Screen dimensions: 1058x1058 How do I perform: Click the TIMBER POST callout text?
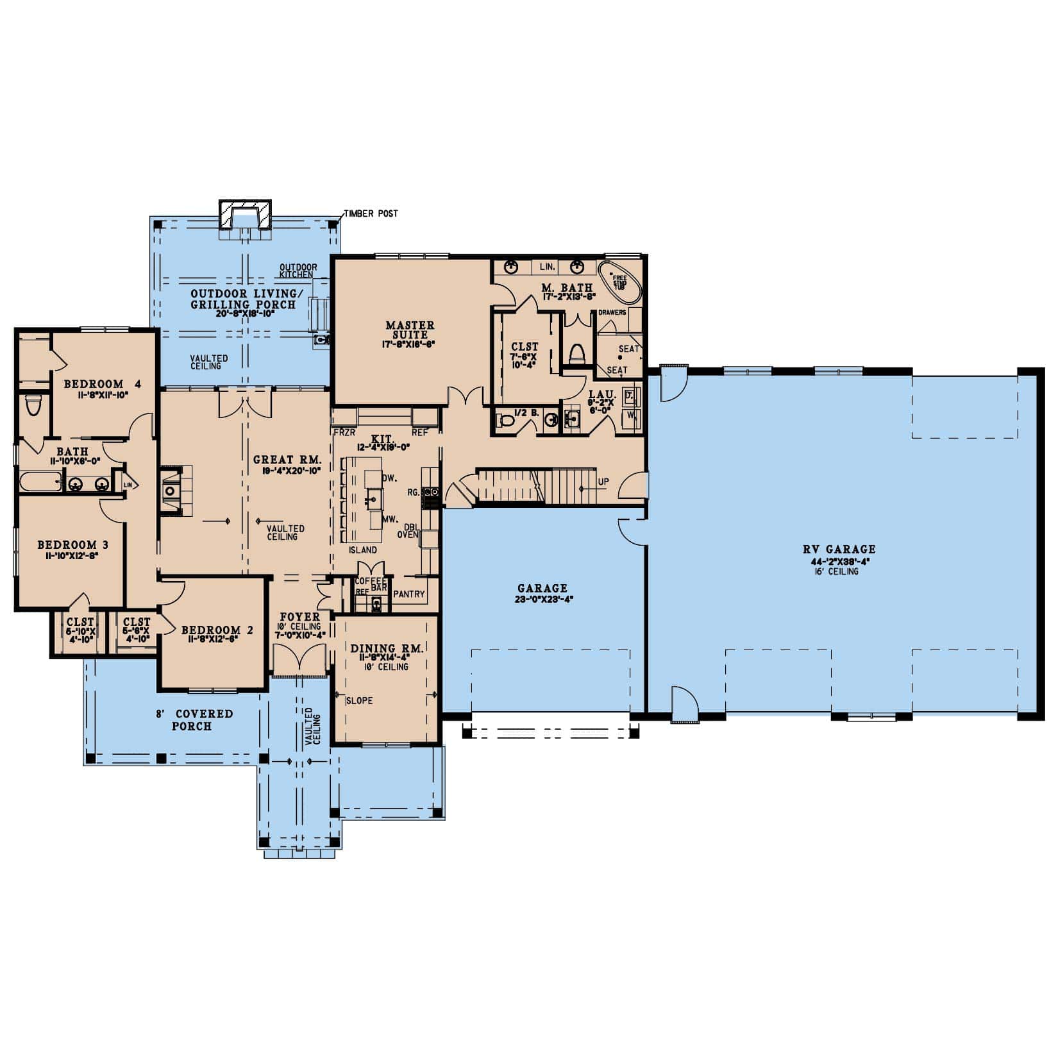370,214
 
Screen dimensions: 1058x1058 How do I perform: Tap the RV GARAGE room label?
839,549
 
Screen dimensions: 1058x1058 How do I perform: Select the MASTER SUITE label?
410,330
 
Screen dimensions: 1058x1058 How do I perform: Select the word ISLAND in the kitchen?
363,550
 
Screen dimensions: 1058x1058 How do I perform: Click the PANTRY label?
409,594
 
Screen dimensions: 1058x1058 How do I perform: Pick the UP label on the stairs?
603,482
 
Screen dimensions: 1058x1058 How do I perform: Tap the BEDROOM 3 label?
72,545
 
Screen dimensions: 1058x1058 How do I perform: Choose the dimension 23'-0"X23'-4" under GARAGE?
542,600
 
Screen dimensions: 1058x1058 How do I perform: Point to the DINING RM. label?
387,649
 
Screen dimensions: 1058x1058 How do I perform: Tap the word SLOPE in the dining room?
359,700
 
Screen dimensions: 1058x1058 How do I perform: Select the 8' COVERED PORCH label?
194,719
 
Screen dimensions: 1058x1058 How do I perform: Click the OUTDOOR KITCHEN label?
298,270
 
